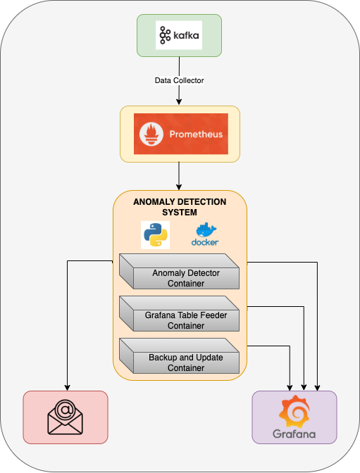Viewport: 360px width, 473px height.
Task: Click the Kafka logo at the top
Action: (x=179, y=35)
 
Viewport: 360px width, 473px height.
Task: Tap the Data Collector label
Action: (x=179, y=80)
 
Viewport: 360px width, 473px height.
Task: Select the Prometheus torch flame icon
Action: (x=151, y=134)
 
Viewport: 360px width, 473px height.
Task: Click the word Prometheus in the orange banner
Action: (x=195, y=134)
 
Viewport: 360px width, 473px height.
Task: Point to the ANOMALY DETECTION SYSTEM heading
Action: (x=180, y=206)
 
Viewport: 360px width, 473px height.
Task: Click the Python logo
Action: (x=155, y=234)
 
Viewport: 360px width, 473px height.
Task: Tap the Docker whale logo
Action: (x=204, y=235)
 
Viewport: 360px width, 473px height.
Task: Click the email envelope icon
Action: (x=65, y=419)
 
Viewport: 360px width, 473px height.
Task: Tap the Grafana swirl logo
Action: (x=294, y=410)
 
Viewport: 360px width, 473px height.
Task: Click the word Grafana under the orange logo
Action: (x=294, y=434)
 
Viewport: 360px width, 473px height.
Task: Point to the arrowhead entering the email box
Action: (x=67, y=387)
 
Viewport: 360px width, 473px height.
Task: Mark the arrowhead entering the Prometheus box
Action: (x=179, y=102)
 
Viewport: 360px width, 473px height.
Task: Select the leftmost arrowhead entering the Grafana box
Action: (x=290, y=387)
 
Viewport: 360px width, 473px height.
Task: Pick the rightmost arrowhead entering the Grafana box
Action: (x=318, y=387)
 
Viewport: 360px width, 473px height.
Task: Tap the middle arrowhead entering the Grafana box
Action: (x=304, y=387)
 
